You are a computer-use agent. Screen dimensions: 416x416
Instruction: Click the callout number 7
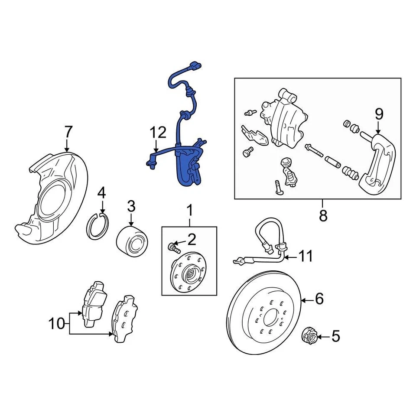tap(67, 131)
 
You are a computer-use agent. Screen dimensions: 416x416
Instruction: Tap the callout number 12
tap(158, 133)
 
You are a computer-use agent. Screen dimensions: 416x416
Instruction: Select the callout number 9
tap(379, 114)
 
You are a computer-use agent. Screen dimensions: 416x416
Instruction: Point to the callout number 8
tap(323, 215)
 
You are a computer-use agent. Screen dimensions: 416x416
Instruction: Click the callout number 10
tap(56, 323)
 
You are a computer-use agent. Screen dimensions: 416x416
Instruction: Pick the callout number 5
tap(335, 336)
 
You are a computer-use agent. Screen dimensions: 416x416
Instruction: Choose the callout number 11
tap(306, 257)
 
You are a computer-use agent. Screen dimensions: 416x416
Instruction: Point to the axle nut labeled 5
tap(309, 335)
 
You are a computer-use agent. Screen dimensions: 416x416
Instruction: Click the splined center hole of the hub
tap(192, 273)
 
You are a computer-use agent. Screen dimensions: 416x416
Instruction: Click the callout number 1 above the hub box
tap(189, 211)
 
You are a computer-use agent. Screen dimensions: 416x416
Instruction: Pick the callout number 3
tap(131, 206)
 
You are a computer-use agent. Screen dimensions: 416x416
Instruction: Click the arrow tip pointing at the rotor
tap(302, 299)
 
